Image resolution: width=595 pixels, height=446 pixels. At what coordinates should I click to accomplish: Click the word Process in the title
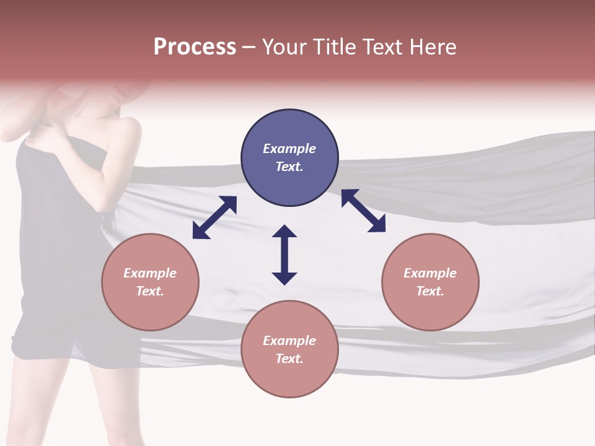point(195,47)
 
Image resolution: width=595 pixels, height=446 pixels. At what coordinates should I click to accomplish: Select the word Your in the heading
point(285,47)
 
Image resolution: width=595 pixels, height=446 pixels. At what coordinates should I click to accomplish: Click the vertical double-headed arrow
point(284,255)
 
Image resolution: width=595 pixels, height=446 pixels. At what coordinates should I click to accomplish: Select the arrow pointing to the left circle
point(214,217)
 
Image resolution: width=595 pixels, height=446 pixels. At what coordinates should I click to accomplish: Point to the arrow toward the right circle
point(363,211)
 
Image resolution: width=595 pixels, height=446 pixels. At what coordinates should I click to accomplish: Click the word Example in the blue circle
point(289,149)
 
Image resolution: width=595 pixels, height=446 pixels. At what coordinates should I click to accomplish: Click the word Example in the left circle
point(150,273)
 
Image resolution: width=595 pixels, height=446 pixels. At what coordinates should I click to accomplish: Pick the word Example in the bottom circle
point(289,341)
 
